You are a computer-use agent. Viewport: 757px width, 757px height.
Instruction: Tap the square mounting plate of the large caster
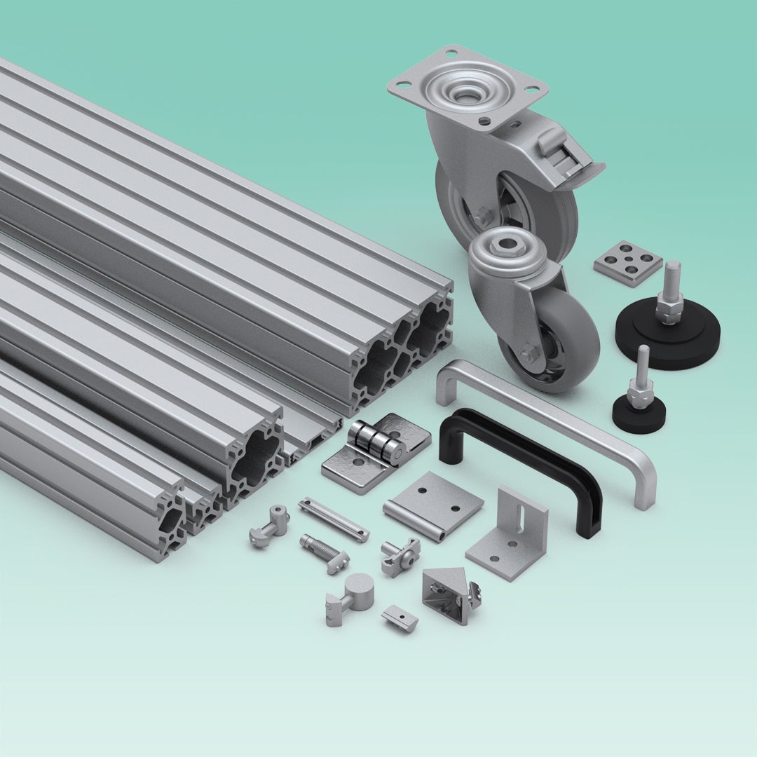coord(466,88)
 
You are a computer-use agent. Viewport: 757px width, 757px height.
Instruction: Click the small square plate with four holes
coord(628,263)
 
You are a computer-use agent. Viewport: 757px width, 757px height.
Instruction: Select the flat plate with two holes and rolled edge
coord(433,503)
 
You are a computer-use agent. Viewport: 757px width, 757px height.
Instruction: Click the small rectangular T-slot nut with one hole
coord(400,617)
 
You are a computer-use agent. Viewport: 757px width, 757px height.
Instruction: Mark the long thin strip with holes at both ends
coord(334,519)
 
